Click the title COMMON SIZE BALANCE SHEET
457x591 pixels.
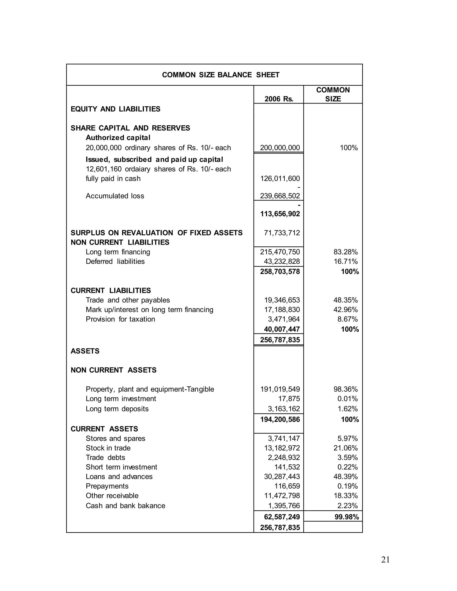221,75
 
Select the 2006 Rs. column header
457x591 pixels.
279,99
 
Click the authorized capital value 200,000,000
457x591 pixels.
280,148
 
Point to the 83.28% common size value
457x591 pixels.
345,252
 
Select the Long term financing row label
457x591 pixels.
118,252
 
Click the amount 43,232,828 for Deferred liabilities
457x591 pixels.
282,261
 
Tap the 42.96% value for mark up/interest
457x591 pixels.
345,310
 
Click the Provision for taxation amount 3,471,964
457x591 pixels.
284,319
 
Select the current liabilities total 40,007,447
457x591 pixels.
282,329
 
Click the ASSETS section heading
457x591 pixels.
85,351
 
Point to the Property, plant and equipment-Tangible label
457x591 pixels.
150,389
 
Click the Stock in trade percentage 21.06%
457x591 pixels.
345,448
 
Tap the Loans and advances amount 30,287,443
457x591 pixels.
282,477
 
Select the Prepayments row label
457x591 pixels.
107,486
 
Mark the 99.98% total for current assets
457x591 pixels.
347,517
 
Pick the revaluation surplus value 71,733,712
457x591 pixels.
282,233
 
